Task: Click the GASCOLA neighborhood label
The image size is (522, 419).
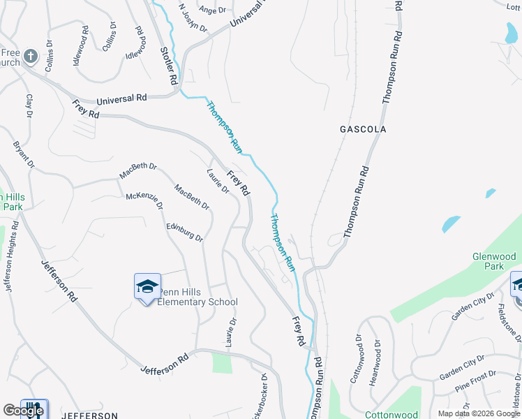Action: pos(362,129)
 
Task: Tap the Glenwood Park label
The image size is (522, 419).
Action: pos(498,261)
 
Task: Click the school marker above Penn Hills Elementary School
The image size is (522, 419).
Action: pos(147,286)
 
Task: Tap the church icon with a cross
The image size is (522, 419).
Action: pos(30,57)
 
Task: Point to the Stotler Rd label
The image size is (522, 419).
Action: pos(168,67)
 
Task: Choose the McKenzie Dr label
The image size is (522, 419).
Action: pos(144,200)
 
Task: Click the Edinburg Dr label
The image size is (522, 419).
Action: pos(184,232)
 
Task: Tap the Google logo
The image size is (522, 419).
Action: pos(23,410)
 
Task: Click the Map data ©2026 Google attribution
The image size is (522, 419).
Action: pos(478,413)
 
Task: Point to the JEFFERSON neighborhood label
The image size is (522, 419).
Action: pos(89,416)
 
